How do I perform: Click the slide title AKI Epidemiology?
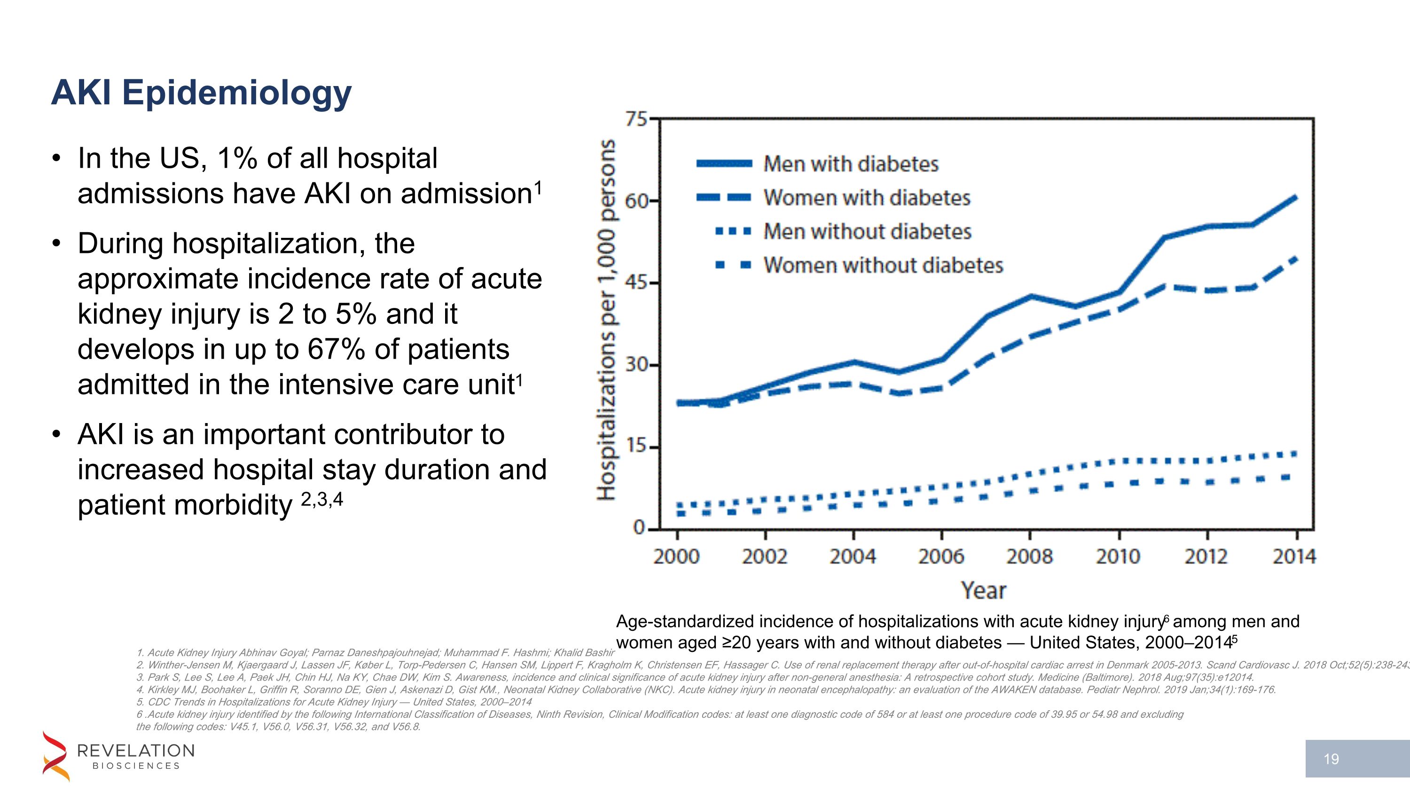click(x=201, y=93)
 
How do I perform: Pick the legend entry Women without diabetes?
click(x=882, y=266)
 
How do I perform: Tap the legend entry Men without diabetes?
click(x=867, y=231)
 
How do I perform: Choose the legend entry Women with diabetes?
click(x=867, y=197)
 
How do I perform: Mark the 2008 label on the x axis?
click(x=1029, y=557)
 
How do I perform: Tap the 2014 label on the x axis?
click(x=1294, y=557)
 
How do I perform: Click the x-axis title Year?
click(x=984, y=590)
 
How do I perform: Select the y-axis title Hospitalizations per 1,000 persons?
click(x=606, y=320)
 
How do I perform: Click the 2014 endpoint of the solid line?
click(x=1295, y=197)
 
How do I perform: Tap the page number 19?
click(x=1331, y=759)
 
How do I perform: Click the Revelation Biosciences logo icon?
click(x=56, y=756)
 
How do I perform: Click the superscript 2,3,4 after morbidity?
click(x=322, y=499)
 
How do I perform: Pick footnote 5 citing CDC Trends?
click(x=334, y=702)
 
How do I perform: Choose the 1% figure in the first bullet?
click(x=237, y=159)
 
